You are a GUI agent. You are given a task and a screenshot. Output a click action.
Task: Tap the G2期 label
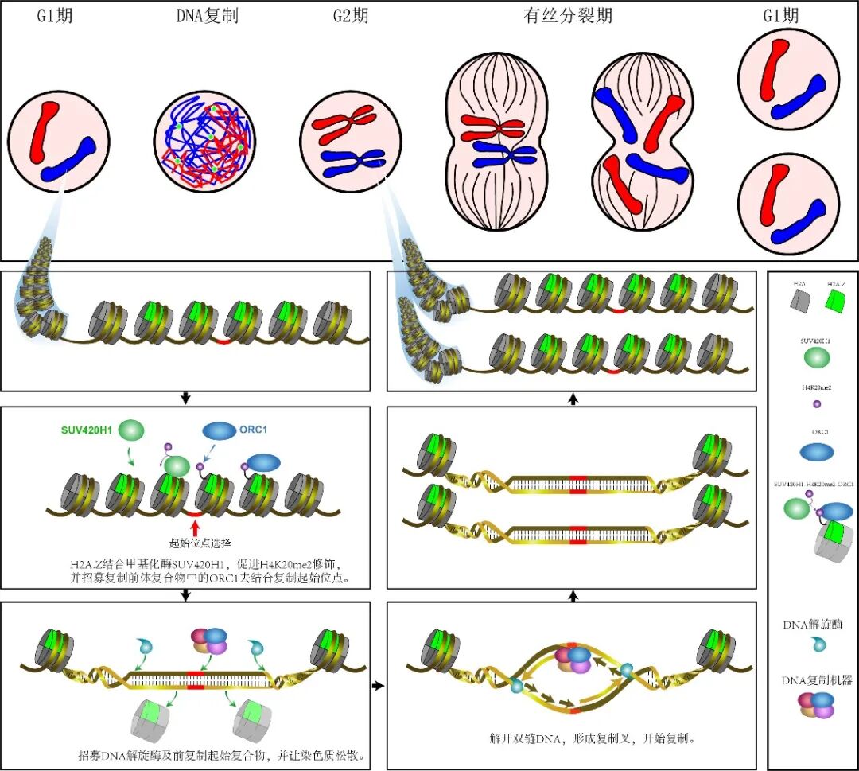pos(350,15)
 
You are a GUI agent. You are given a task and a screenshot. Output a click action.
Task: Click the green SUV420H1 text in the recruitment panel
pos(87,430)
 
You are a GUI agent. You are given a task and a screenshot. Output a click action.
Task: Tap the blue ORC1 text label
pos(254,430)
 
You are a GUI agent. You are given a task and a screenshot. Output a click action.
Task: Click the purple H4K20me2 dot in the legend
pos(816,405)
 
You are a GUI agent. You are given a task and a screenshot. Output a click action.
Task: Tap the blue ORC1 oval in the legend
pos(816,451)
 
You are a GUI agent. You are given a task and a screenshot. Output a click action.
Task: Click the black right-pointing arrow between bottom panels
pos(379,684)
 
